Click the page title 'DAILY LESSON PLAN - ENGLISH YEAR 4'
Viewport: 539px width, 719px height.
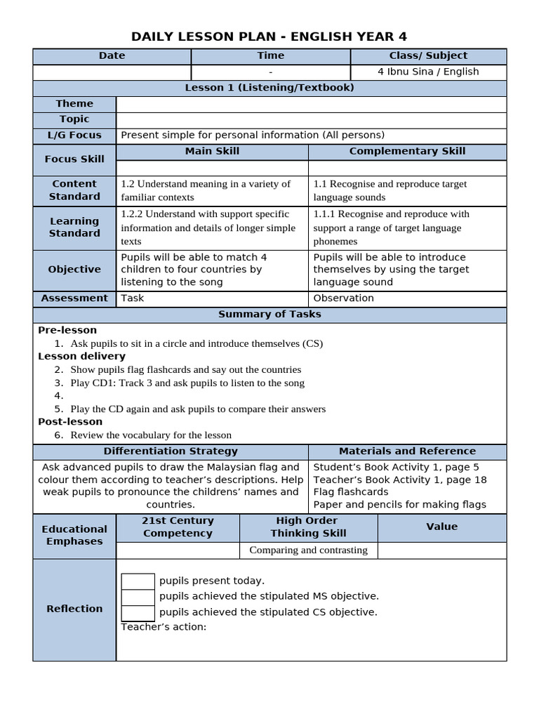point(269,37)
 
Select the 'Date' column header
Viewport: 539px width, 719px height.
point(112,56)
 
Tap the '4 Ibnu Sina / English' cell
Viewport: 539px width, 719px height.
point(428,72)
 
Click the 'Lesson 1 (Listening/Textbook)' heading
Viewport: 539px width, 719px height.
point(269,88)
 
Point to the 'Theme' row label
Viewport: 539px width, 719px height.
point(74,104)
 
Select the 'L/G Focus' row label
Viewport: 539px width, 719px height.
point(74,136)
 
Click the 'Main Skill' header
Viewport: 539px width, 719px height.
point(212,152)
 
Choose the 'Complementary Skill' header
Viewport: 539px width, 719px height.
point(407,152)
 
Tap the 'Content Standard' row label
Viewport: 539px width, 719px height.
point(74,190)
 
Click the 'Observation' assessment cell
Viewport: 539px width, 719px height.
point(344,298)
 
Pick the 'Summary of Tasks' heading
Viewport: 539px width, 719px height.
point(269,315)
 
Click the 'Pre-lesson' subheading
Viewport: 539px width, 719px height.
point(67,330)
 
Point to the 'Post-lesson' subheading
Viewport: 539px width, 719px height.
point(70,422)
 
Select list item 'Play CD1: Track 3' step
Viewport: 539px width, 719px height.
point(187,383)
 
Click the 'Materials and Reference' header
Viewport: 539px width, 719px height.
point(407,451)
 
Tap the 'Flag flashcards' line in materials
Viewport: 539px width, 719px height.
point(351,492)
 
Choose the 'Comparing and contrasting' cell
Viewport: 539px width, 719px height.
point(308,550)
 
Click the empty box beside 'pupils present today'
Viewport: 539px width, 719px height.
point(138,581)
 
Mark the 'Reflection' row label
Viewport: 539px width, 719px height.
point(74,609)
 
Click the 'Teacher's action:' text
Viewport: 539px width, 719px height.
point(164,627)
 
